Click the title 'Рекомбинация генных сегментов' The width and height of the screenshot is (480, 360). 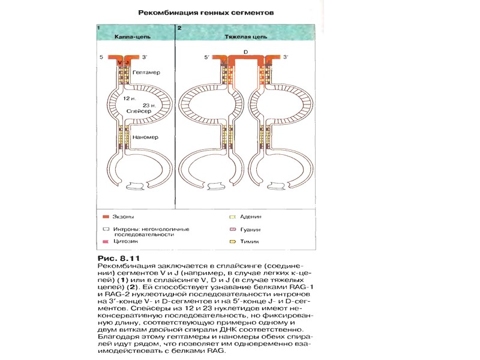click(201, 11)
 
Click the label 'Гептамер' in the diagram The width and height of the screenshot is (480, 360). click(146, 71)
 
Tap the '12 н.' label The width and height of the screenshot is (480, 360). click(128, 98)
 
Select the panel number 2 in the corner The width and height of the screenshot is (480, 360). click(179, 28)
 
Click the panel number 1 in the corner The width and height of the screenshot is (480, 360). click(98, 28)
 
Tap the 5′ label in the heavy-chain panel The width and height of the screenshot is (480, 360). click(205, 57)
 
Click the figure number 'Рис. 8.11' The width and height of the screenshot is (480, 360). click(113, 257)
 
